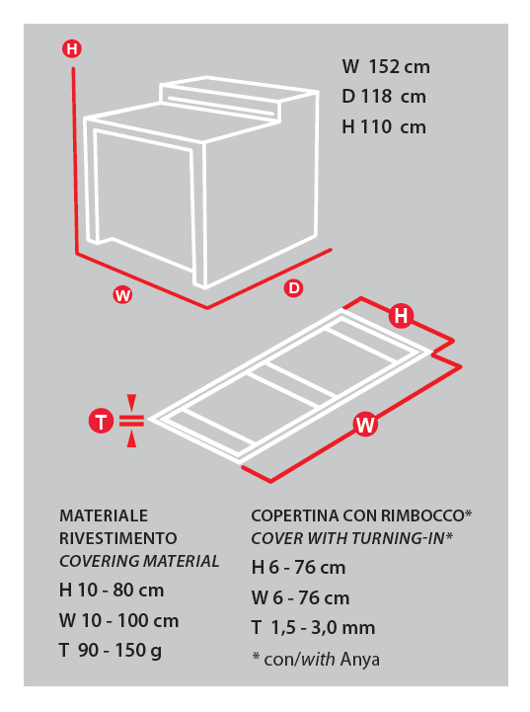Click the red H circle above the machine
click(x=72, y=48)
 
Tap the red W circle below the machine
click(x=122, y=295)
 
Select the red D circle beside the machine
click(x=293, y=288)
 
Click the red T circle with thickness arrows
click(x=101, y=421)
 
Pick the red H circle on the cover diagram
click(x=401, y=316)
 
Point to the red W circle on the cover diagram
click(x=365, y=425)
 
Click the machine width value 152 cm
click(x=400, y=67)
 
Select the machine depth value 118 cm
click(x=394, y=97)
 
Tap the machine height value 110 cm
click(x=394, y=127)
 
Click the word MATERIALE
click(x=104, y=515)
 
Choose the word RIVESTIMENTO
click(x=118, y=538)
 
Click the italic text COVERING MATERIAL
click(x=139, y=561)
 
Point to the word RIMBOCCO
click(x=422, y=515)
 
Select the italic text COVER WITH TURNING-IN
click(x=348, y=538)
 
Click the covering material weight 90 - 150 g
click(x=119, y=651)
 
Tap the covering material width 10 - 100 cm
click(x=129, y=621)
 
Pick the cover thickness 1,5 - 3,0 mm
click(x=323, y=628)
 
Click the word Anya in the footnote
click(x=360, y=660)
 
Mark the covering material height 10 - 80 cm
click(x=120, y=591)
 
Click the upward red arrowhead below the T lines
click(x=131, y=439)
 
